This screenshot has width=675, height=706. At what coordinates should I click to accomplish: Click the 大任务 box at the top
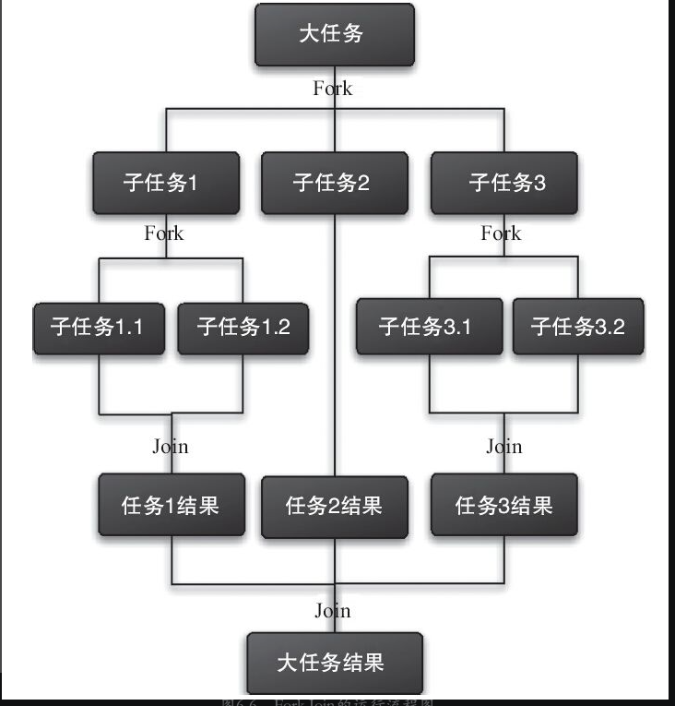334,35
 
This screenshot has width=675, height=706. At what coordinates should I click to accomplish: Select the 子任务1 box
166,183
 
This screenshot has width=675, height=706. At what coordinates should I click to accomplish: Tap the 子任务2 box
334,183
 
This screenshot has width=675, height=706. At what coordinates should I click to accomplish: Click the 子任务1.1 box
99,327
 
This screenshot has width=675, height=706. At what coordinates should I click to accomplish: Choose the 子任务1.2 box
243,327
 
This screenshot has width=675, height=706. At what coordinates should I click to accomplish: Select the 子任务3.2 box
577,327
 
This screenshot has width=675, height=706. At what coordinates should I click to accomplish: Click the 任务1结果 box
172,505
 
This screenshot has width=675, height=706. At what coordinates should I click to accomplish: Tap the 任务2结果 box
334,506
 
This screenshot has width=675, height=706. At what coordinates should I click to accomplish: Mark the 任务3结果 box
503,505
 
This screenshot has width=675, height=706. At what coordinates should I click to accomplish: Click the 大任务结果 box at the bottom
334,662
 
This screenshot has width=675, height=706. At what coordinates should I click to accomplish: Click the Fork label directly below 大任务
333,90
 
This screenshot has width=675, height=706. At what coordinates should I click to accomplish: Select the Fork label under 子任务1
164,233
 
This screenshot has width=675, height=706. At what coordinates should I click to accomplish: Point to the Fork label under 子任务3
501,233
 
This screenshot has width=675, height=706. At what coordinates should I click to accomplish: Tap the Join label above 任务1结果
170,447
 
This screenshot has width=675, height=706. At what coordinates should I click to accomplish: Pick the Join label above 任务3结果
503,447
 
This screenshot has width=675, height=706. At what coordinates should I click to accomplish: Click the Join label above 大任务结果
333,611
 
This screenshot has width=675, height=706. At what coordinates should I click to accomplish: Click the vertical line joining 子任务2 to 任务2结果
334,351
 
